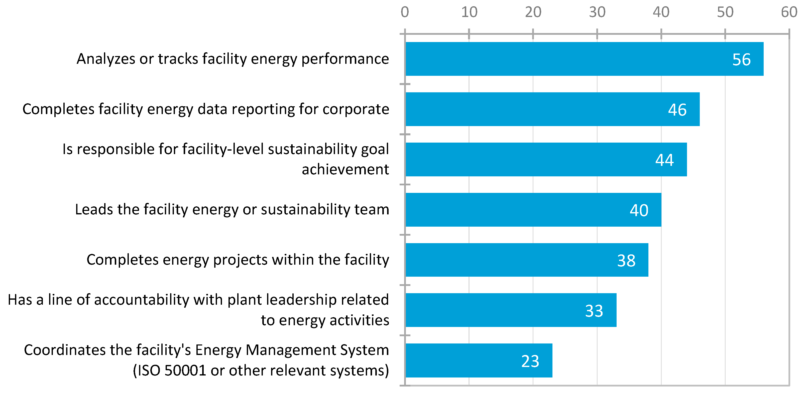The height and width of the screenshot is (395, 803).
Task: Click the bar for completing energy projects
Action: [x=527, y=260]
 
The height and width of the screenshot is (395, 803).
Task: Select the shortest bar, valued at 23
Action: [x=479, y=360]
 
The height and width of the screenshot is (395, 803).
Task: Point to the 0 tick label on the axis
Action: [x=405, y=12]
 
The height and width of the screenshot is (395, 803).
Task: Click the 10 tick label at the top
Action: [x=469, y=12]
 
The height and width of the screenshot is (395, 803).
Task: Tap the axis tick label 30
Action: [x=597, y=12]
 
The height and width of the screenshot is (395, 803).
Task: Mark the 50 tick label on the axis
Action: [x=725, y=12]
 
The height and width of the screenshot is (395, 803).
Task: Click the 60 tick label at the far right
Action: [x=789, y=12]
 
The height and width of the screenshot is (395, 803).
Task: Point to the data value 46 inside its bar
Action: [x=677, y=110]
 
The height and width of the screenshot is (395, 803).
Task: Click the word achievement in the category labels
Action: [x=345, y=169]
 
